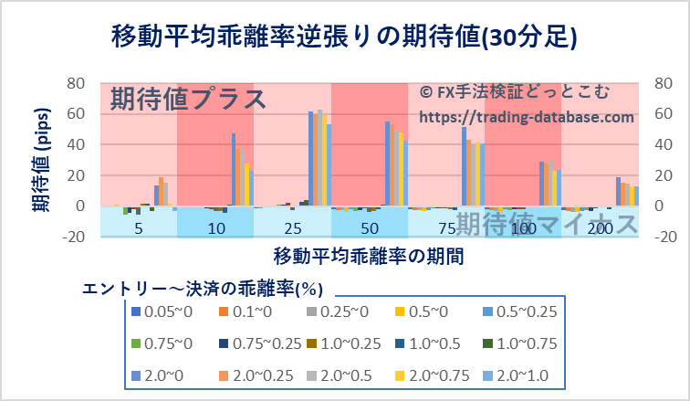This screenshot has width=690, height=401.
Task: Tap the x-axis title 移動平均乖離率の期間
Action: [366, 256]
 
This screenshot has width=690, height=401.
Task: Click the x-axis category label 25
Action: [293, 227]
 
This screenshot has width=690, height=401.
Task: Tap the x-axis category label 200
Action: [601, 227]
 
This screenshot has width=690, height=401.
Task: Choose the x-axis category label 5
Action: [139, 227]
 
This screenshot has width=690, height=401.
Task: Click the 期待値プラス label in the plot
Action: [188, 99]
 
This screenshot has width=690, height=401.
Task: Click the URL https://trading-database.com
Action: [527, 117]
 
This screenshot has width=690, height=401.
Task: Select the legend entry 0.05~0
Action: [165, 312]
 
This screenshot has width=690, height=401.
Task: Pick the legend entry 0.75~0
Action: [165, 344]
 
